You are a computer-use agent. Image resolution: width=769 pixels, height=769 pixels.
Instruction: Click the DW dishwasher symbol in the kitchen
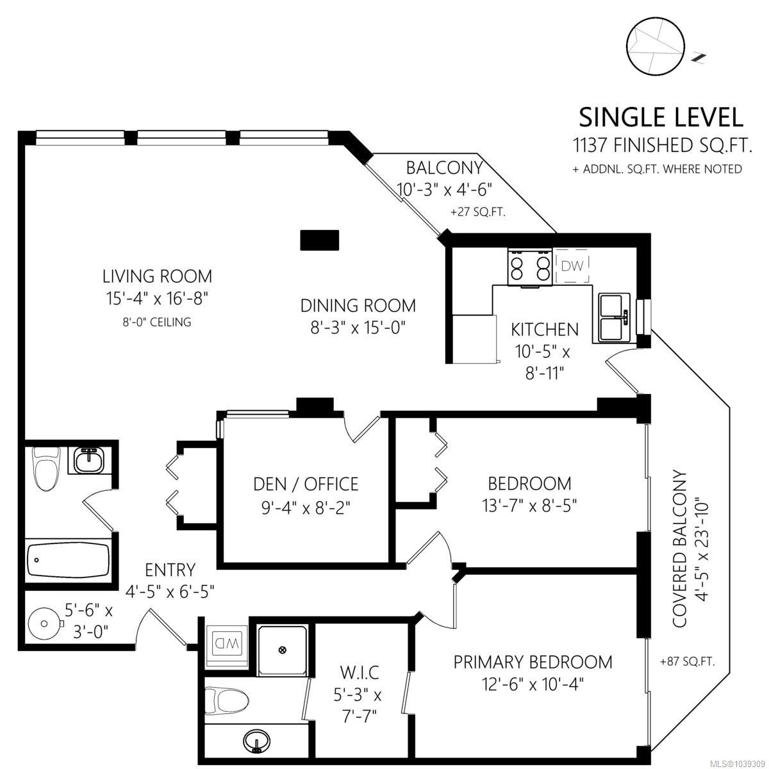tap(572, 266)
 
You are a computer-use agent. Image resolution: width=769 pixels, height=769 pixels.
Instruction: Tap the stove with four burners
tap(530, 266)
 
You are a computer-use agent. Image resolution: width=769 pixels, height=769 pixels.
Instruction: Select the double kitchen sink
tap(614, 317)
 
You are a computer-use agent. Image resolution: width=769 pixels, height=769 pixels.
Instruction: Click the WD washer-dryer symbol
tap(226, 643)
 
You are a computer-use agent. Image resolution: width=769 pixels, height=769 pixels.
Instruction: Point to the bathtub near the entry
tap(68, 560)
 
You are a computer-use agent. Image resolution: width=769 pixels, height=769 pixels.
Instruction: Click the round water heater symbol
tap(45, 624)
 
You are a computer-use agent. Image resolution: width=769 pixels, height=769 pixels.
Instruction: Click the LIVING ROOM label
tap(157, 276)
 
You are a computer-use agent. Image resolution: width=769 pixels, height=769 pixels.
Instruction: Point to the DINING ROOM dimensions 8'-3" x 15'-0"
tap(358, 328)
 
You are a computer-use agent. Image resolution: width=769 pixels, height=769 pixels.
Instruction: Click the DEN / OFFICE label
tap(306, 484)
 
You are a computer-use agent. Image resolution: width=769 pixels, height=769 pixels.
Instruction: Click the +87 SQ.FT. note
tap(687, 662)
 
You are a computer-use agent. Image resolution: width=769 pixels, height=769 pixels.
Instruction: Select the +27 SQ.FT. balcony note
tap(478, 212)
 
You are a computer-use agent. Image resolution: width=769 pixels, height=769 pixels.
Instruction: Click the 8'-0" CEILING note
tap(157, 322)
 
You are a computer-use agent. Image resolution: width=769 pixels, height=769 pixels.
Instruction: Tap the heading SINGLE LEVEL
tap(661, 118)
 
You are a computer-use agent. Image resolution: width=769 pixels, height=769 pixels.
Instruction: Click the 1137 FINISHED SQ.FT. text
tap(663, 145)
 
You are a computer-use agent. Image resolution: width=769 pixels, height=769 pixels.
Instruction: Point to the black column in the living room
tap(320, 240)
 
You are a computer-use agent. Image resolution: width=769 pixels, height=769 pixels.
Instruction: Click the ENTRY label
tap(170, 570)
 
